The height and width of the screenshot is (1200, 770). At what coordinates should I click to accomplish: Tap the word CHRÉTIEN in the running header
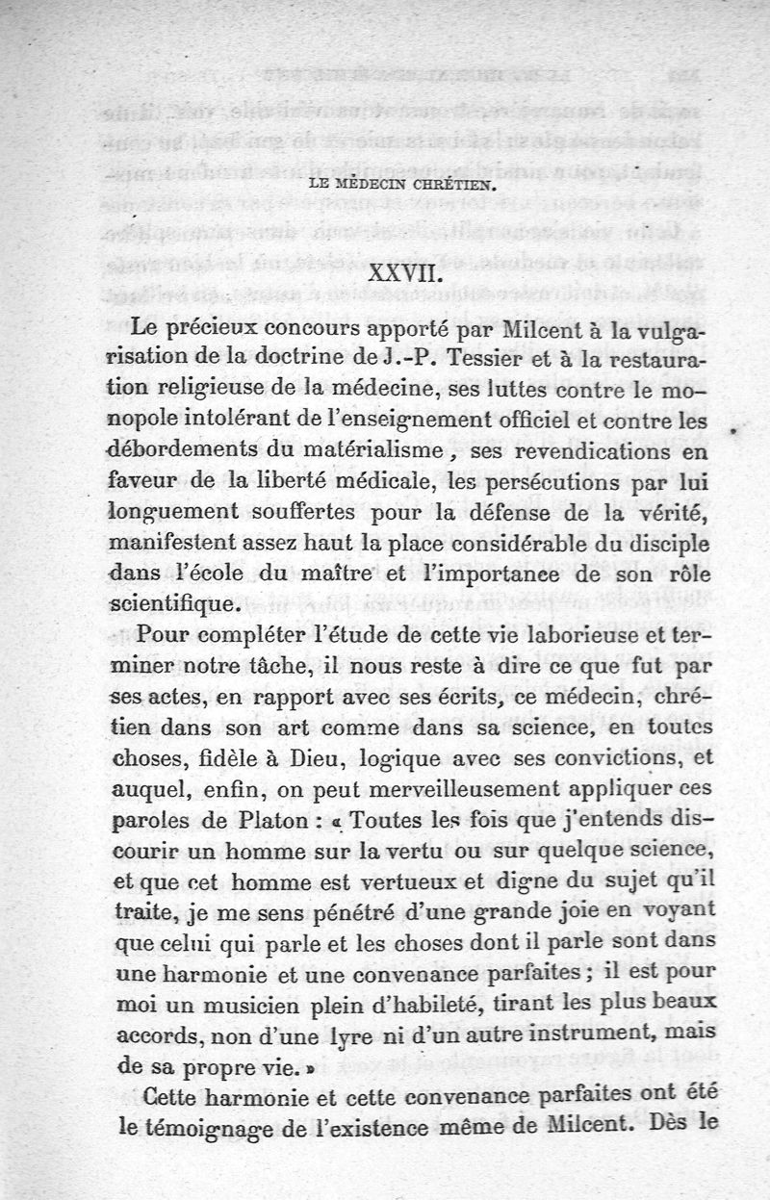[452, 189]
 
